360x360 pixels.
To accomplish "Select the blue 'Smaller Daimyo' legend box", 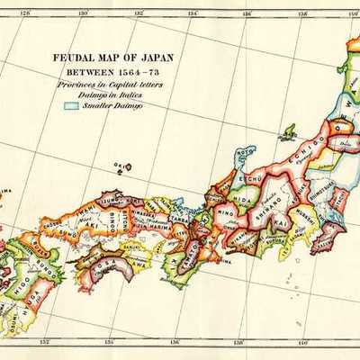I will [x=71, y=105].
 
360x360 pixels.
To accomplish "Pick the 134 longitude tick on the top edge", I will [x=192, y=13].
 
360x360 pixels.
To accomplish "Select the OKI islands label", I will [x=118, y=166].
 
